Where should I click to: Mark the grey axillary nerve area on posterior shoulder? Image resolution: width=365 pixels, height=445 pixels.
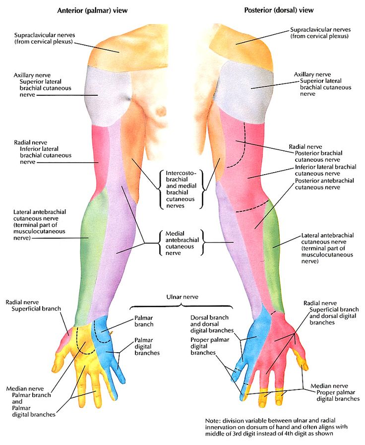(x=248, y=89)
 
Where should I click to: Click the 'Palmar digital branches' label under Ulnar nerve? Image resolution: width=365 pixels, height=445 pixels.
(x=146, y=346)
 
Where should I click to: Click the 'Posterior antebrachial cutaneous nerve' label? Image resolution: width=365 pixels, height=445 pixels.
(x=325, y=184)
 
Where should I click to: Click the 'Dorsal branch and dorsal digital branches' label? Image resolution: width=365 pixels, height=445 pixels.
(x=211, y=323)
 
